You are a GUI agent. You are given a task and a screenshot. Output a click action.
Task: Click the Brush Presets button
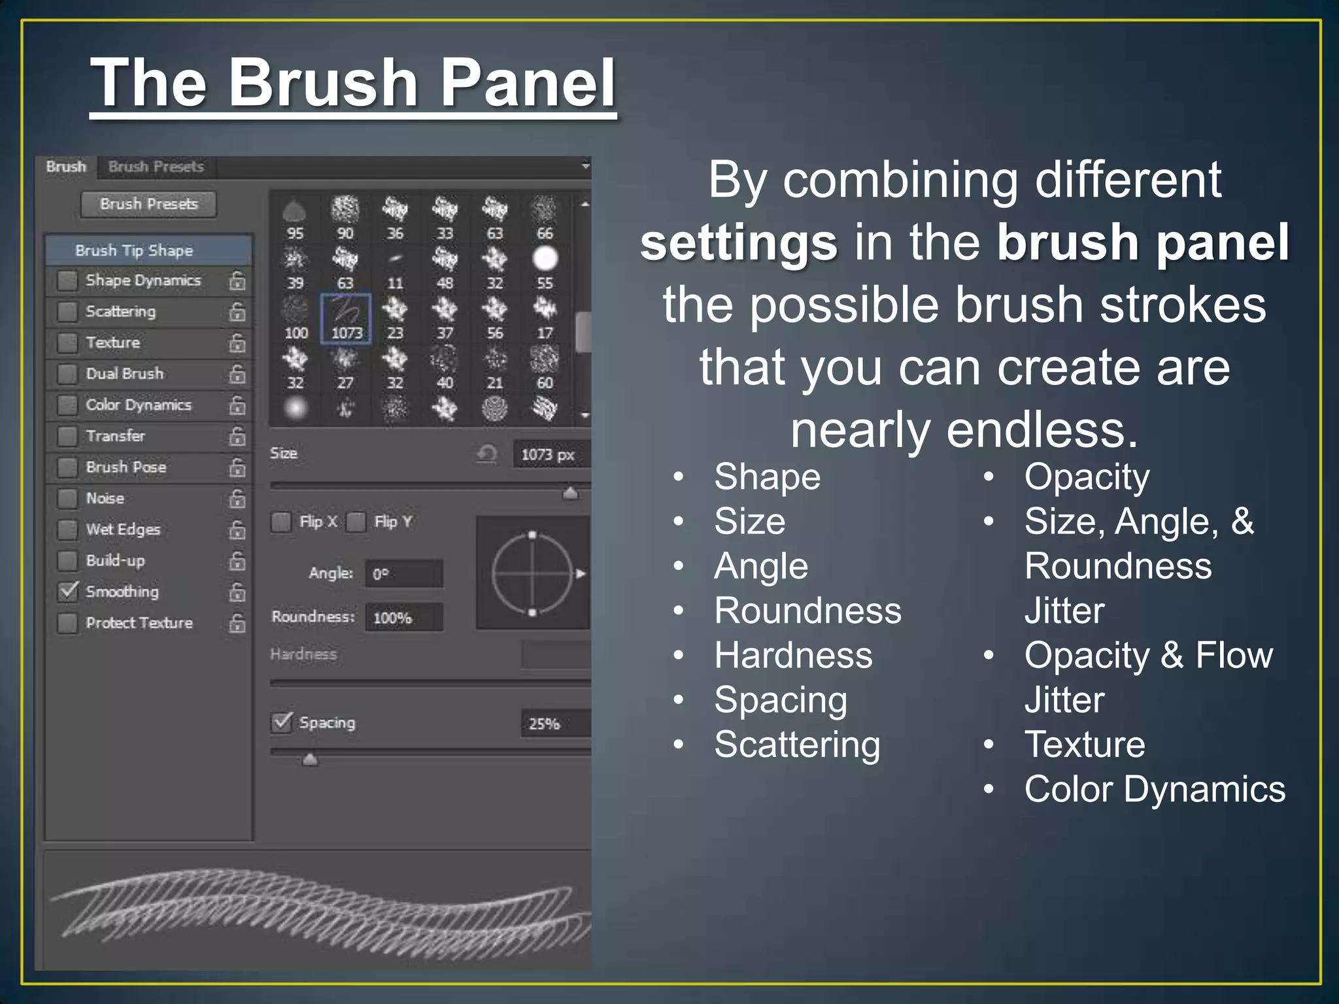148,204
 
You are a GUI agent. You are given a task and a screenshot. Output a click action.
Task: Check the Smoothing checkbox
67,592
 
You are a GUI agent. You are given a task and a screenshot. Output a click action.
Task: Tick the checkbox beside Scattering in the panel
67,312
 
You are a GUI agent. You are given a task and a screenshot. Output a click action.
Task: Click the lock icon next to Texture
237,343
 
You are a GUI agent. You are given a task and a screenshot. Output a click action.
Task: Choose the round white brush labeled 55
545,259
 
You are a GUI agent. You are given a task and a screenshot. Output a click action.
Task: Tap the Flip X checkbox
281,522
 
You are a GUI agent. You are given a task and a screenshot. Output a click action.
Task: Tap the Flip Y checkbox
356,522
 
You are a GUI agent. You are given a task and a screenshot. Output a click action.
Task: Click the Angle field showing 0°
403,574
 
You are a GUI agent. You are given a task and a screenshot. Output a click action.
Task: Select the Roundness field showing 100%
403,618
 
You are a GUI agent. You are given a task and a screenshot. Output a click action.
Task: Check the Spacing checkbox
282,722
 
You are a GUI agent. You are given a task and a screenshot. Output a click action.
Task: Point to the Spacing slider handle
310,759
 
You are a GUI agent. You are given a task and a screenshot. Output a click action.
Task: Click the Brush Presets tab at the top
156,167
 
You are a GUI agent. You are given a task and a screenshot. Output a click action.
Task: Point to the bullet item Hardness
793,656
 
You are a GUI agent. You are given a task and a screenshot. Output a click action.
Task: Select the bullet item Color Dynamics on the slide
1154,790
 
